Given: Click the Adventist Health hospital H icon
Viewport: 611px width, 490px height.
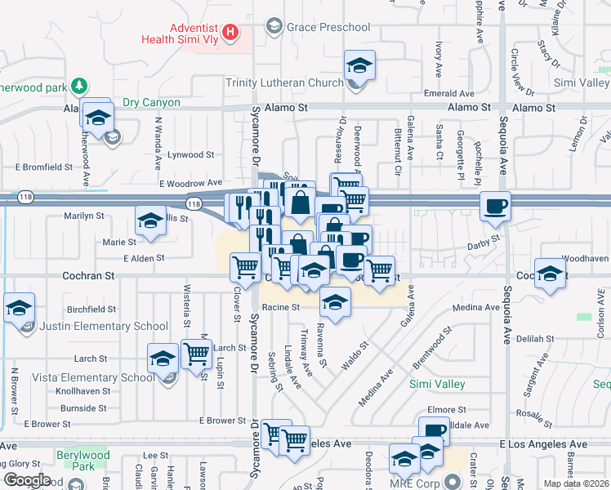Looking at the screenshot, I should click(231, 33).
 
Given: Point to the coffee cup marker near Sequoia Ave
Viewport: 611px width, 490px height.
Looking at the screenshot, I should click(495, 207).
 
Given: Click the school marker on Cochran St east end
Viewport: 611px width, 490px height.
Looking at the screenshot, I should click(551, 272).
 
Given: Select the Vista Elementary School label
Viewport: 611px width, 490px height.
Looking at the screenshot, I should click(94, 377).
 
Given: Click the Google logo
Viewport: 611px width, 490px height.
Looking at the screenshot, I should click(26, 480).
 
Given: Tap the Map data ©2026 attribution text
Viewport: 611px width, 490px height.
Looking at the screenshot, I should click(577, 483).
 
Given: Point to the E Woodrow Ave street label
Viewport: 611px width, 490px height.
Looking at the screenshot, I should click(191, 184).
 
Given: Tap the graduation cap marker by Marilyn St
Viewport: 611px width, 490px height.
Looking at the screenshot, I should click(151, 222).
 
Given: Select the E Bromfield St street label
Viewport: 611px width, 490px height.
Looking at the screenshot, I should click(43, 167).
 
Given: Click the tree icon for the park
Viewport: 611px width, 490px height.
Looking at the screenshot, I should click(79, 85).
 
